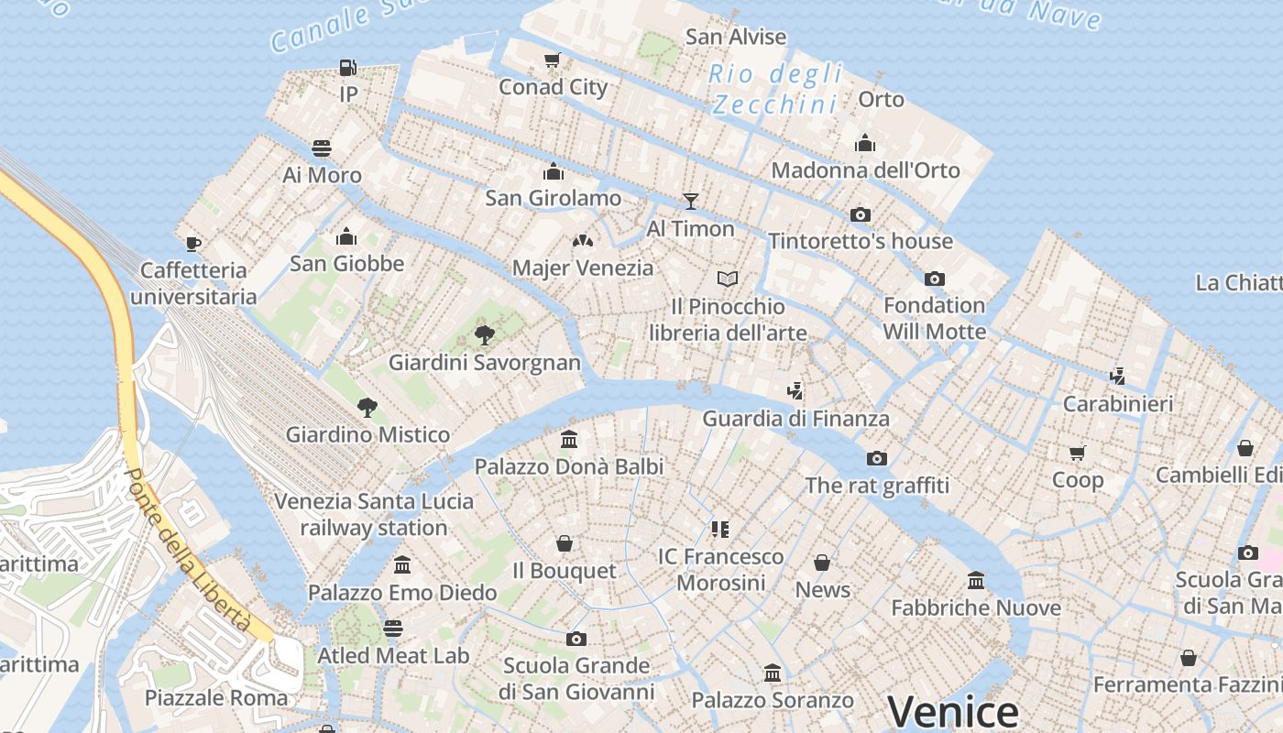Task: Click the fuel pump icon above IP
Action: tap(347, 67)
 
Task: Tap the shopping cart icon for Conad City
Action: tap(552, 60)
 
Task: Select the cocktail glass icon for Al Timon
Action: tap(691, 202)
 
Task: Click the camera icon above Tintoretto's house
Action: tap(861, 214)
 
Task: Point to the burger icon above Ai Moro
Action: tap(322, 148)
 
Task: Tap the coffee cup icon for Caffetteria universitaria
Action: tap(193, 243)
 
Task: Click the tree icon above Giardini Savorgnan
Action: tap(485, 335)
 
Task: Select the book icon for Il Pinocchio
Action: tap(728, 279)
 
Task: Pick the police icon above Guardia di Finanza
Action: tap(795, 391)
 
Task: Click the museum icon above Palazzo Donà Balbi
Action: tap(569, 440)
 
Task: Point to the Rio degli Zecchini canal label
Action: tap(775, 89)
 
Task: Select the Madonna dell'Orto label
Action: tap(865, 170)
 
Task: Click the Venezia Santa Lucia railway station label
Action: tap(374, 514)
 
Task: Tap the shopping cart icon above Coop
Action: tap(1078, 453)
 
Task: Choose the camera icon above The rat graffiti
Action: tap(877, 458)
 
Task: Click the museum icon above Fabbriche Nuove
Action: tap(976, 581)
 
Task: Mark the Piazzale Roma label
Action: tap(216, 697)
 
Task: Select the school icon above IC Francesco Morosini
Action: tap(720, 530)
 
